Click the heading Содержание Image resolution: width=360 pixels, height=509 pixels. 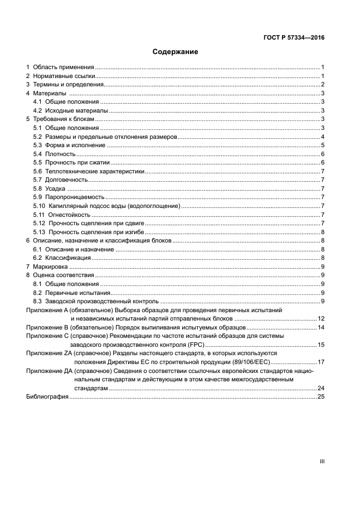176,52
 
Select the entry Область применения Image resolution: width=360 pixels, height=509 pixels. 63,67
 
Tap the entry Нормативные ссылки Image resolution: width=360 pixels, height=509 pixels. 64,76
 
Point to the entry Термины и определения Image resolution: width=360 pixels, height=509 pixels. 69,84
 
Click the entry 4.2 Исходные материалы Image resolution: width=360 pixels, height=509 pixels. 70,110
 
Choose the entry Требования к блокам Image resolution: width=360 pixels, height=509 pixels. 64,119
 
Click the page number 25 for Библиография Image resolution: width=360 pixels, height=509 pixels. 320,396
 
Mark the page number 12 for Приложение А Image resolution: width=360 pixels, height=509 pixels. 320,318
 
